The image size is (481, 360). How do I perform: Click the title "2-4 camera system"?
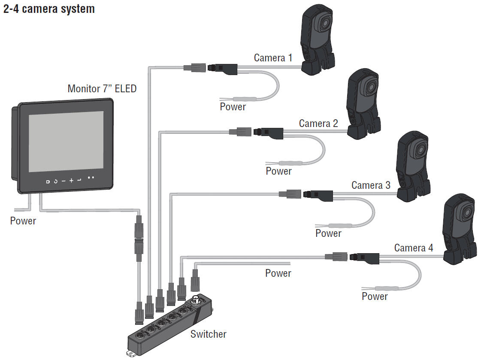tap(49, 9)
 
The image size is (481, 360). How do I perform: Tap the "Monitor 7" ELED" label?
tap(102, 89)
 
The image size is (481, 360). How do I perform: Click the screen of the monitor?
tap(66, 141)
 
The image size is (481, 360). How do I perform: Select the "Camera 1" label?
tap(273, 57)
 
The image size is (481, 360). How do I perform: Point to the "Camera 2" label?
tap(318, 124)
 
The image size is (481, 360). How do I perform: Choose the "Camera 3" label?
tap(371, 185)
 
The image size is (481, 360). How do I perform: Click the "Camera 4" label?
tap(414, 248)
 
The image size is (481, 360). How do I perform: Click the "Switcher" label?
tap(209, 334)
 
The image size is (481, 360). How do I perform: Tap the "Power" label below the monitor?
tap(23, 221)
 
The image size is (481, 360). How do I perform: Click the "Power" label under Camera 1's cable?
tap(233, 107)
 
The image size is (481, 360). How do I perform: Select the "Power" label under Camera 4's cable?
tap(375, 296)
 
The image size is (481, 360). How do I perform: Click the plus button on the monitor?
tap(71, 180)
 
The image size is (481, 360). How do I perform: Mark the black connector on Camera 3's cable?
tap(318, 194)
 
